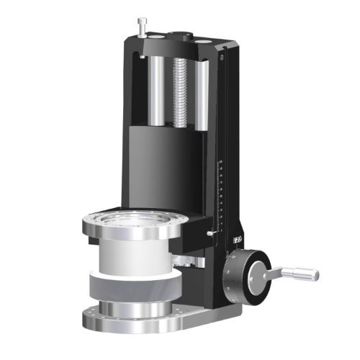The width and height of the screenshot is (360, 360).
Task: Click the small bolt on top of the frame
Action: tap(140, 25)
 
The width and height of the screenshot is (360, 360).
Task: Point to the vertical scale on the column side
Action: tap(221, 194)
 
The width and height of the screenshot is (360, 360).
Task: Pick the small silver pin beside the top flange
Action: tap(210, 233)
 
